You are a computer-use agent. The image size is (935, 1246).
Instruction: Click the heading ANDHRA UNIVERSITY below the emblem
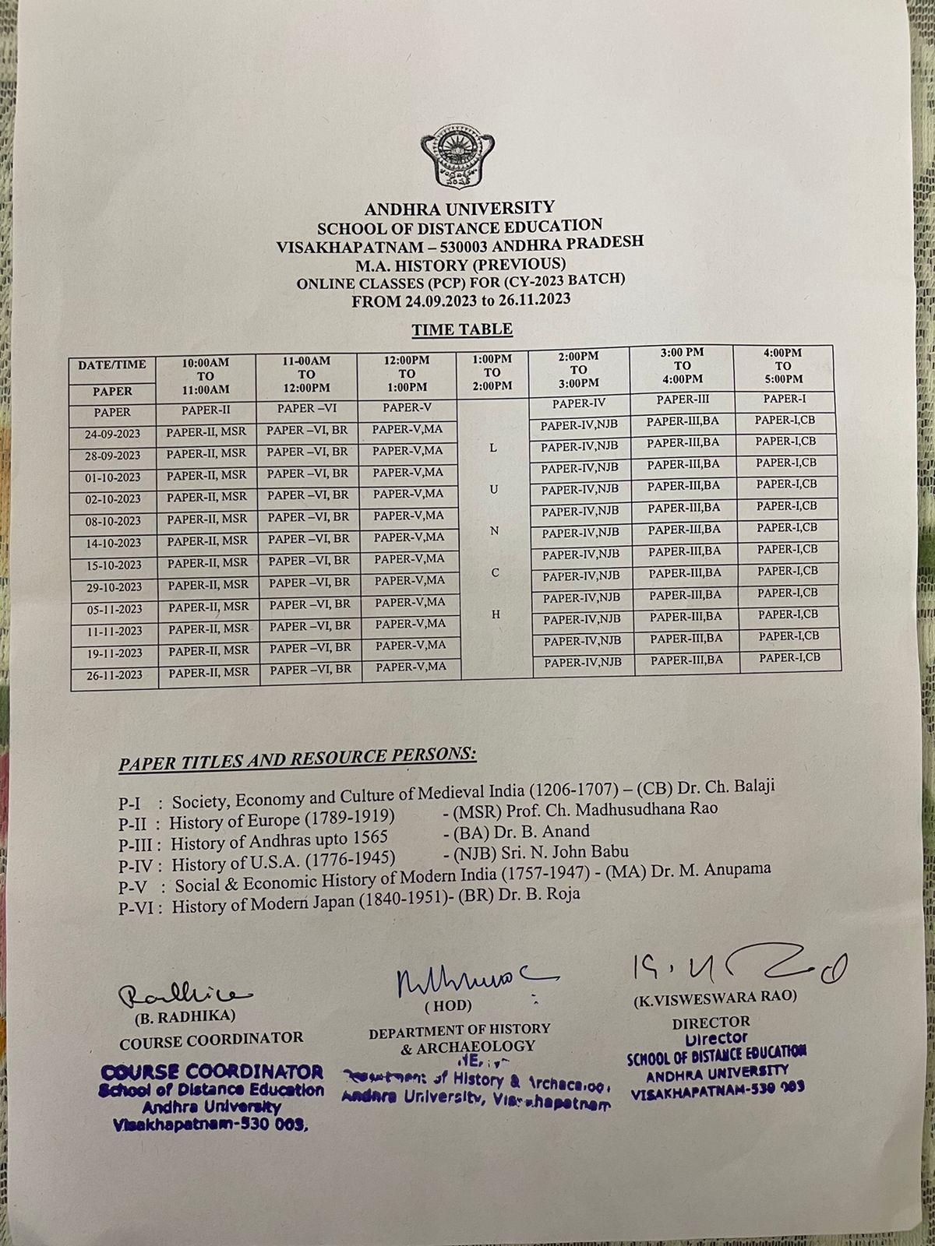pyautogui.click(x=460, y=208)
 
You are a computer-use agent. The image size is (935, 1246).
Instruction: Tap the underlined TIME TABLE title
pyautogui.click(x=462, y=329)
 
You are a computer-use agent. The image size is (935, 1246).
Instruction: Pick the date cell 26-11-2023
pyautogui.click(x=114, y=674)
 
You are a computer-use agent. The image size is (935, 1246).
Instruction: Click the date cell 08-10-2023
pyautogui.click(x=114, y=521)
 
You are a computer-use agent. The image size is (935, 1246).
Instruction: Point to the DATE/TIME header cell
pyautogui.click(x=112, y=364)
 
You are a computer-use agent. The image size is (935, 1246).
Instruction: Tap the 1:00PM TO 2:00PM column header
pyautogui.click(x=492, y=372)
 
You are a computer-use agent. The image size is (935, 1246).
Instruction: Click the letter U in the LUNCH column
pyautogui.click(x=494, y=489)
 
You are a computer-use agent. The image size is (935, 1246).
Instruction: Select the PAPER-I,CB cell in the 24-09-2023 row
pyautogui.click(x=786, y=420)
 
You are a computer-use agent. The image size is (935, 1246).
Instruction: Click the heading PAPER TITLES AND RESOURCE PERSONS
pyautogui.click(x=297, y=757)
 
